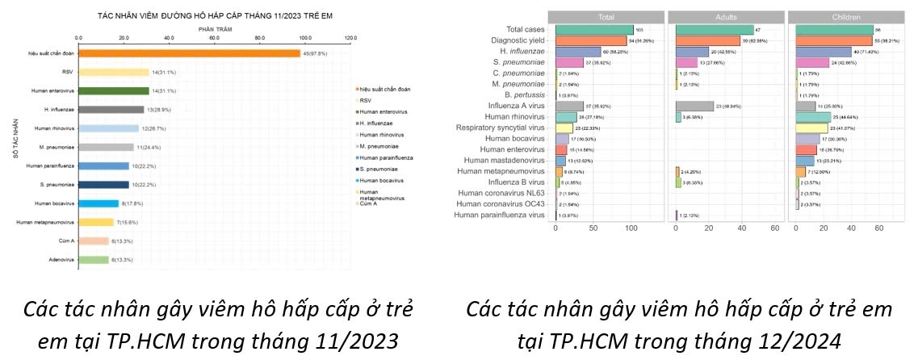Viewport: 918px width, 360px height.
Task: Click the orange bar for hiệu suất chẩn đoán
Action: (x=189, y=53)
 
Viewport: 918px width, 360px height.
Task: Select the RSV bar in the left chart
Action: (x=113, y=72)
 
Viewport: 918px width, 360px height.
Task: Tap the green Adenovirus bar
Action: (x=93, y=259)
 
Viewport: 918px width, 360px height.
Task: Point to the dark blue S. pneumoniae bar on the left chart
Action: (x=103, y=184)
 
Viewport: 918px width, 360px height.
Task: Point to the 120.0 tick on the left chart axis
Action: (x=350, y=37)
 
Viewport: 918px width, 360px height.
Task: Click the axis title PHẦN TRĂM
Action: (x=214, y=28)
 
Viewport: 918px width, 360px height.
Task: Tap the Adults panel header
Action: (x=725, y=16)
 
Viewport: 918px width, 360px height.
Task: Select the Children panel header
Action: (x=845, y=16)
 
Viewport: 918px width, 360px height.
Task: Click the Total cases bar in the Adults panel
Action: (x=714, y=30)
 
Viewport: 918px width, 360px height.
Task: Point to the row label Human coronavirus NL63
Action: (x=501, y=193)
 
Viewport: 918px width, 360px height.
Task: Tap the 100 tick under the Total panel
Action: (x=633, y=230)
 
